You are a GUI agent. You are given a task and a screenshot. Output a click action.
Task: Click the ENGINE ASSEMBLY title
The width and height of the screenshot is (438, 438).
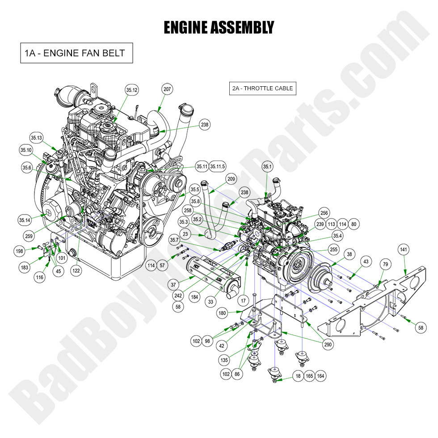(219, 27)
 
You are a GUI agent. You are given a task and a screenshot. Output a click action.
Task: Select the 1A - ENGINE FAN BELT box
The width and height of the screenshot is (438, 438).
(76, 53)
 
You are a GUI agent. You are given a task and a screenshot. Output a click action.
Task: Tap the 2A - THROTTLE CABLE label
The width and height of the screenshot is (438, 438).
(262, 88)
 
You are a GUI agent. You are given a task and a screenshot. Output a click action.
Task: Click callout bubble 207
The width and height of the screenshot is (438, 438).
(167, 89)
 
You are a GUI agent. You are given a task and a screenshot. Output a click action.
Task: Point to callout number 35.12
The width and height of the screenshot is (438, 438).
(132, 90)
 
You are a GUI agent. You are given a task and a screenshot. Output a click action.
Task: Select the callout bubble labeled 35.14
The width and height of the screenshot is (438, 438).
(25, 220)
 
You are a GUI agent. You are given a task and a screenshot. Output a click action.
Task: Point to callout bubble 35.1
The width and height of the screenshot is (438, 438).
(267, 167)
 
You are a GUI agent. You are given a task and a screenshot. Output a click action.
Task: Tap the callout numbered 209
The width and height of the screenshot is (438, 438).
(231, 179)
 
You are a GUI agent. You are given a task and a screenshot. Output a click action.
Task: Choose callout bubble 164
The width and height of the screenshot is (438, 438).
(320, 376)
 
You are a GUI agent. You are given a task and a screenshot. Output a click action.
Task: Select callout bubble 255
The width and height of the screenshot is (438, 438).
(333, 249)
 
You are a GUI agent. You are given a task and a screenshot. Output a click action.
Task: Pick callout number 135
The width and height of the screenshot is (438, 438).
(224, 359)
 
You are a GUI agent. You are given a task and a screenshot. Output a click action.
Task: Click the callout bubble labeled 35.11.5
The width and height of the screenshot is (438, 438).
(218, 167)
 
